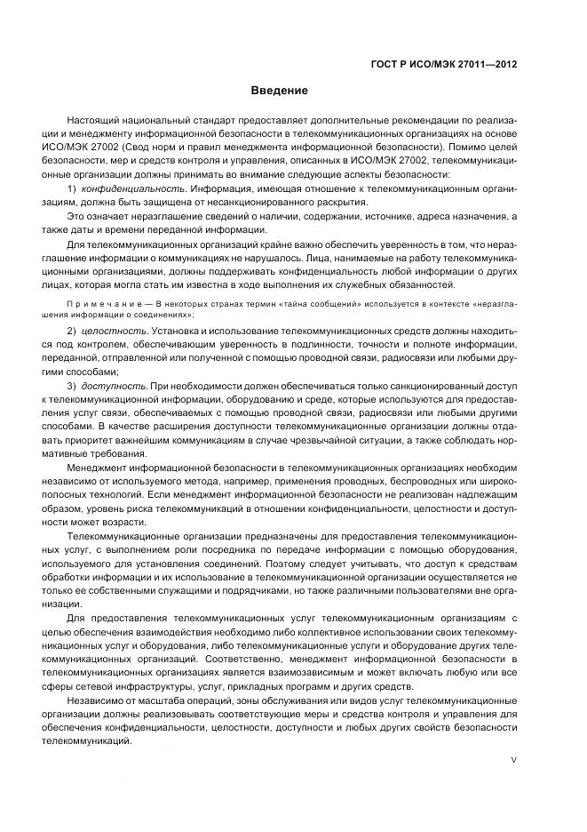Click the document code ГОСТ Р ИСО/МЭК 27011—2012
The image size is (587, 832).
point(445,64)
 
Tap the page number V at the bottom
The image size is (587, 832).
point(515,760)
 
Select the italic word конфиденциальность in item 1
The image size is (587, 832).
point(133,189)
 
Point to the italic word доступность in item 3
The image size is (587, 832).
point(115,387)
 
